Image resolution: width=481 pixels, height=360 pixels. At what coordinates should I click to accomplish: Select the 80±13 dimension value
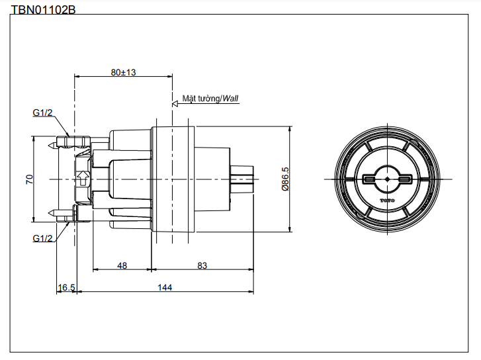(x=123, y=72)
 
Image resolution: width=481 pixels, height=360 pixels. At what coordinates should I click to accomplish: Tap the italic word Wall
(x=230, y=99)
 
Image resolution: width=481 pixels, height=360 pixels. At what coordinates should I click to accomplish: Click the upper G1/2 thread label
(x=43, y=113)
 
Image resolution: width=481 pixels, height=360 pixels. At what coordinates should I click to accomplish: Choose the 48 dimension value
(x=122, y=265)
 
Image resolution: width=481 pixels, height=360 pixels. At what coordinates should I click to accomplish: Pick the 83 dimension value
(x=202, y=265)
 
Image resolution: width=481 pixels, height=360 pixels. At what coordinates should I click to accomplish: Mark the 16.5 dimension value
(x=67, y=287)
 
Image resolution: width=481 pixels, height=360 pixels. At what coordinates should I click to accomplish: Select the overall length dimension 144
(x=165, y=287)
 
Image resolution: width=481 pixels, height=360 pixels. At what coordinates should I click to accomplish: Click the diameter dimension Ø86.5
(x=285, y=179)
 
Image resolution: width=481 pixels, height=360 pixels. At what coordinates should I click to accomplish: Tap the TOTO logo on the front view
(x=386, y=199)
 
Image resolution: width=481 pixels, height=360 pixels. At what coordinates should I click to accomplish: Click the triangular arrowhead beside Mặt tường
(x=176, y=102)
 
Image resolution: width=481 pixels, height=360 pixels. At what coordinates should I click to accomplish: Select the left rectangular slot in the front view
(x=370, y=179)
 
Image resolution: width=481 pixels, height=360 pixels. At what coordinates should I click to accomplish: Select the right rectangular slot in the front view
(x=404, y=179)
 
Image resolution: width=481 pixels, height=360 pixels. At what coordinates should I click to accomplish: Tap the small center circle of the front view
(x=386, y=179)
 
